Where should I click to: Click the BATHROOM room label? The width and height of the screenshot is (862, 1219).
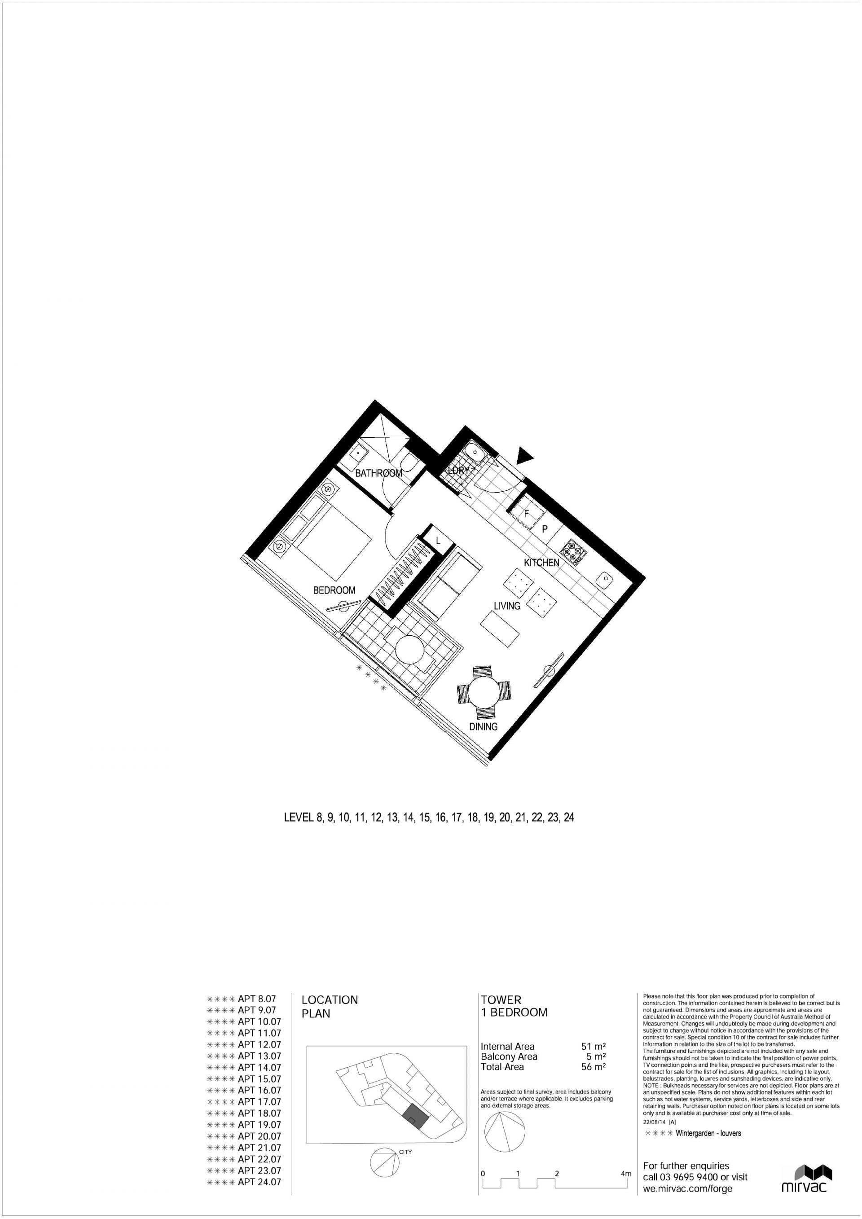point(378,473)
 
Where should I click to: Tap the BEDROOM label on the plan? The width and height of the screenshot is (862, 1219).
point(334,590)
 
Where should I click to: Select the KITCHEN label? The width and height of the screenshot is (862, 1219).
point(541,563)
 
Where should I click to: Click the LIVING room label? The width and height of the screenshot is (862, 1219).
point(507,606)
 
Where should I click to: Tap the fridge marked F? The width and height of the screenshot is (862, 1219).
point(527,514)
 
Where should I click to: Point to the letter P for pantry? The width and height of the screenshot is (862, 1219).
point(545,529)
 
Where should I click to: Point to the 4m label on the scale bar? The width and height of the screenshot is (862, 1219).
point(626,1155)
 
